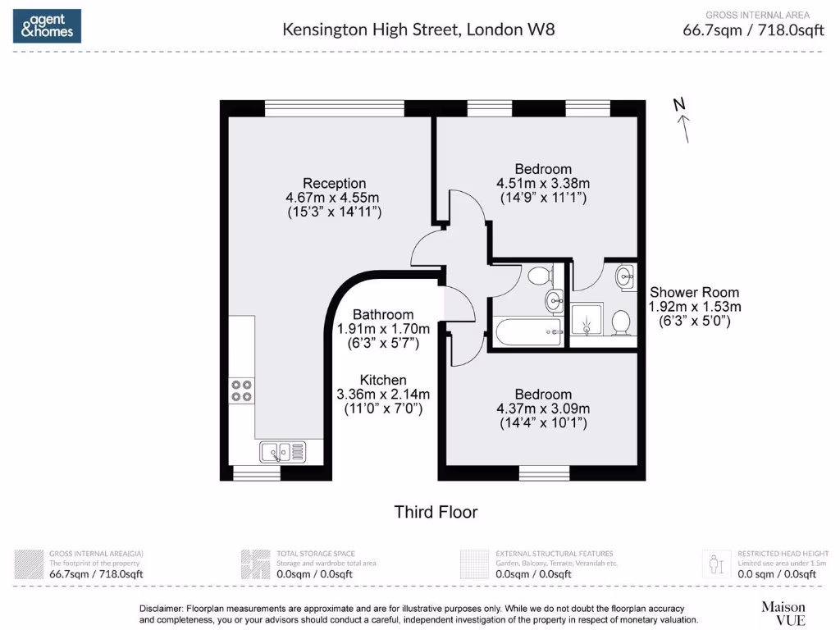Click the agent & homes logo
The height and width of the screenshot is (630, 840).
47,26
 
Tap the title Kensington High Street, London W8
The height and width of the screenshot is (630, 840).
418,30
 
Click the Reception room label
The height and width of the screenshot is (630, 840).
334,183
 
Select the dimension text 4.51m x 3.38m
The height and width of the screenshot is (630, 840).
543,183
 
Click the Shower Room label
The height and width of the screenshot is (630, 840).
694,292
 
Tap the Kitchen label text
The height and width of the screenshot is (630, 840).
383,380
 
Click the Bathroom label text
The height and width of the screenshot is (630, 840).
383,314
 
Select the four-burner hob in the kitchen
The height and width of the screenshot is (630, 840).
241,390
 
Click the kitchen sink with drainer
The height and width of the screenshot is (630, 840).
282,450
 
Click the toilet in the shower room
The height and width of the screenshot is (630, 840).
621,322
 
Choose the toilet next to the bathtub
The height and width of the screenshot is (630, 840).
539,275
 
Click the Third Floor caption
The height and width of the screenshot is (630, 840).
436,512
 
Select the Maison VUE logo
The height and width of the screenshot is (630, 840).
783,612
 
